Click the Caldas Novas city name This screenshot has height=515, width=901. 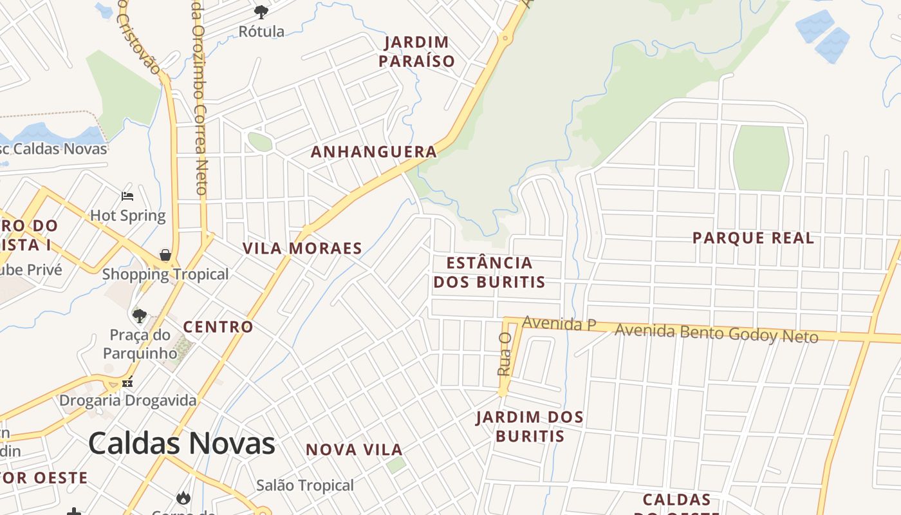pos(181,444)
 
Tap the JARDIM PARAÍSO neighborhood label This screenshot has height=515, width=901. pos(416,52)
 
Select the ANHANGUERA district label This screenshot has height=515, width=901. pos(374,152)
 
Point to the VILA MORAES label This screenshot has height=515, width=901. pos(302,248)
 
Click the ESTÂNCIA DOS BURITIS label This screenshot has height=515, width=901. pos(489,272)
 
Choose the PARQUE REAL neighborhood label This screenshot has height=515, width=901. pos(753,238)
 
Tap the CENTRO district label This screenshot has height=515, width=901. pos(218,327)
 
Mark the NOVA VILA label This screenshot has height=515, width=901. pos(354,450)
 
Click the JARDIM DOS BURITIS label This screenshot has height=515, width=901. pos(530,427)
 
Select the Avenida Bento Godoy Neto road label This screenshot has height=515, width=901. pos(716,333)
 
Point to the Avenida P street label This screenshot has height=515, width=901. pos(559,324)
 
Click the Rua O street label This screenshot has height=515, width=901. pos(504,354)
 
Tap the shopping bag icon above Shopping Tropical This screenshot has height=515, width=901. pos(165,255)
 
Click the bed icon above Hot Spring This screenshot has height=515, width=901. pos(127,196)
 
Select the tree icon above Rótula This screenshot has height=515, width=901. pos(261,12)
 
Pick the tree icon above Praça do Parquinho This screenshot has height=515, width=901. pos(139,315)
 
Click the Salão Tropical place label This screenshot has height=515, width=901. pos(305,485)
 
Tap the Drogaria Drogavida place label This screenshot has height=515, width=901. pos(128,400)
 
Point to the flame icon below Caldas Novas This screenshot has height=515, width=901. pos(183,498)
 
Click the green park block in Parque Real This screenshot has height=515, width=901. pos(761,158)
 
